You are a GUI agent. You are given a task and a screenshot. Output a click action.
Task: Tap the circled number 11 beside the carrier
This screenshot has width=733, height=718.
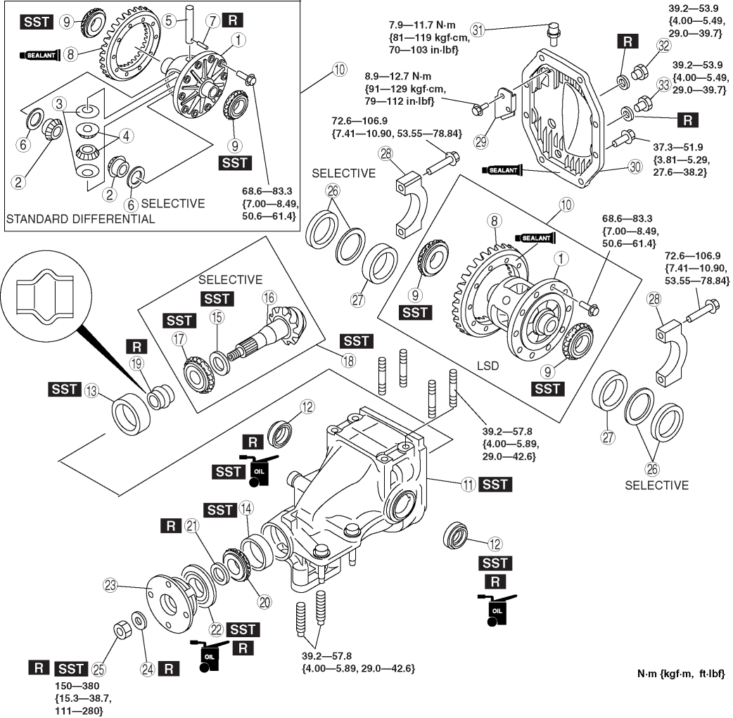466,484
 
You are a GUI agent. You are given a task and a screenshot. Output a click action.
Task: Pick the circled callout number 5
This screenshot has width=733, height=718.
168,21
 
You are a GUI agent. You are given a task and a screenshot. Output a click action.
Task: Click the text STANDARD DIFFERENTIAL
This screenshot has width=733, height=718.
80,219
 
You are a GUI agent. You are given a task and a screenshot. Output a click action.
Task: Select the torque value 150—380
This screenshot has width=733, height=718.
82,686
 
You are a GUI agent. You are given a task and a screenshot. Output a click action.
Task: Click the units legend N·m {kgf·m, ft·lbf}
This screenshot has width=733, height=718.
680,674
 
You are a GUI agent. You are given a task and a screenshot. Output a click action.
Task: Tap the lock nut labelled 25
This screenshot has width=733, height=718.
121,631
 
